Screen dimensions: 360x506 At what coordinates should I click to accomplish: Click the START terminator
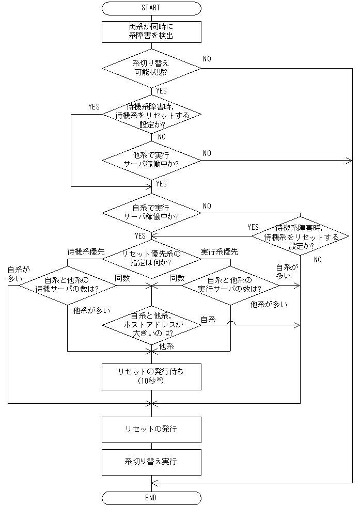tap(151, 8)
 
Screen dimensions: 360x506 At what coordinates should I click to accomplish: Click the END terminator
tap(151, 498)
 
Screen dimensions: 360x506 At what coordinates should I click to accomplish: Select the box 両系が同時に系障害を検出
tap(151, 32)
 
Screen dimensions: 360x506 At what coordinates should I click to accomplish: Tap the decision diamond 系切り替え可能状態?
tap(151, 68)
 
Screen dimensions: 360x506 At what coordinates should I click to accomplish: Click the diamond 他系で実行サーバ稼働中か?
tap(151, 160)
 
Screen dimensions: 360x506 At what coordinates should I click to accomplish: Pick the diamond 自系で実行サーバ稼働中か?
tap(151, 213)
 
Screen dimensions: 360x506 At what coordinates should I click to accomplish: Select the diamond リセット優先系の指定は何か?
tap(151, 258)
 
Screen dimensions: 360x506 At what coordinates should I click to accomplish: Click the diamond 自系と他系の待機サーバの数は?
tap(67, 285)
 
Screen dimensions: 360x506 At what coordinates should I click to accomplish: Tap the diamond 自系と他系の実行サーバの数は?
tap(230, 285)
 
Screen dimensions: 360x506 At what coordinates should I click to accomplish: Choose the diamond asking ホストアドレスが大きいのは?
tap(151, 325)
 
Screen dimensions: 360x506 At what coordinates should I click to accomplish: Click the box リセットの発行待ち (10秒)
tap(151, 377)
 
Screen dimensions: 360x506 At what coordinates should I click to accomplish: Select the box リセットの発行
tap(151, 430)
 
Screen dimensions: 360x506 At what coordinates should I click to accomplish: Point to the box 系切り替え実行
tap(151, 462)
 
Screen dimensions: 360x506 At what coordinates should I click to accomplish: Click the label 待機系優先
tap(86, 252)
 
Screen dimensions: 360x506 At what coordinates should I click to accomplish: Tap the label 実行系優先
tap(219, 252)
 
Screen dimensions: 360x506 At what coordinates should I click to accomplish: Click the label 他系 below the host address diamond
tap(167, 346)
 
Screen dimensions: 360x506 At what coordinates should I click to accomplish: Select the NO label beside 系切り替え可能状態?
tap(207, 59)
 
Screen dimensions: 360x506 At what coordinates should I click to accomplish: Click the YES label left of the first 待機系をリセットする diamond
tap(94, 107)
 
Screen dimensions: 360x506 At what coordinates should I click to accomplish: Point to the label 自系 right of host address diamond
tap(208, 320)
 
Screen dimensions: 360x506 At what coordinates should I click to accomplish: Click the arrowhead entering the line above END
tap(154, 483)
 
